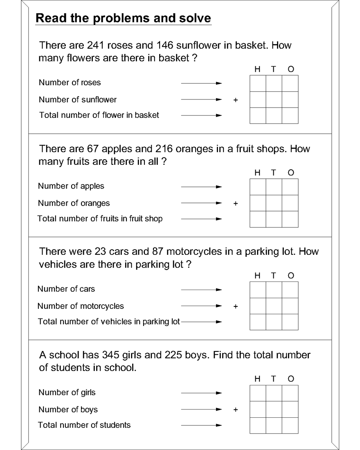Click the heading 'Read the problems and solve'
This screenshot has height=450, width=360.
123,18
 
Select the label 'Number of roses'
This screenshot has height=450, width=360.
70,83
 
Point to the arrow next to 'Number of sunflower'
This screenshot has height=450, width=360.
201,100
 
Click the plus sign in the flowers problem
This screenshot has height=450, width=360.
235,100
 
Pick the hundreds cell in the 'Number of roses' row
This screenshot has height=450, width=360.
258,83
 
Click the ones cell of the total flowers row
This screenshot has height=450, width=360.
290,115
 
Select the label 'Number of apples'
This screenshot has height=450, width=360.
71,186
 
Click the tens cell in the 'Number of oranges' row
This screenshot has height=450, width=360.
274,203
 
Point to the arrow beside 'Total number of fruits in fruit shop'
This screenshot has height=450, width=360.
201,219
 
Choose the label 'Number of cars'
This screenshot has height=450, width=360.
66,289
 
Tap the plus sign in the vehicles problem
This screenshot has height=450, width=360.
235,306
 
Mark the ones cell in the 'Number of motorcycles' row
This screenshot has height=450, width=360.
290,306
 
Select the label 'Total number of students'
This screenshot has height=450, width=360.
84,425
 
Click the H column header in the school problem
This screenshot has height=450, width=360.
257,379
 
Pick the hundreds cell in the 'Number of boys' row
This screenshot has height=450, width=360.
258,409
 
